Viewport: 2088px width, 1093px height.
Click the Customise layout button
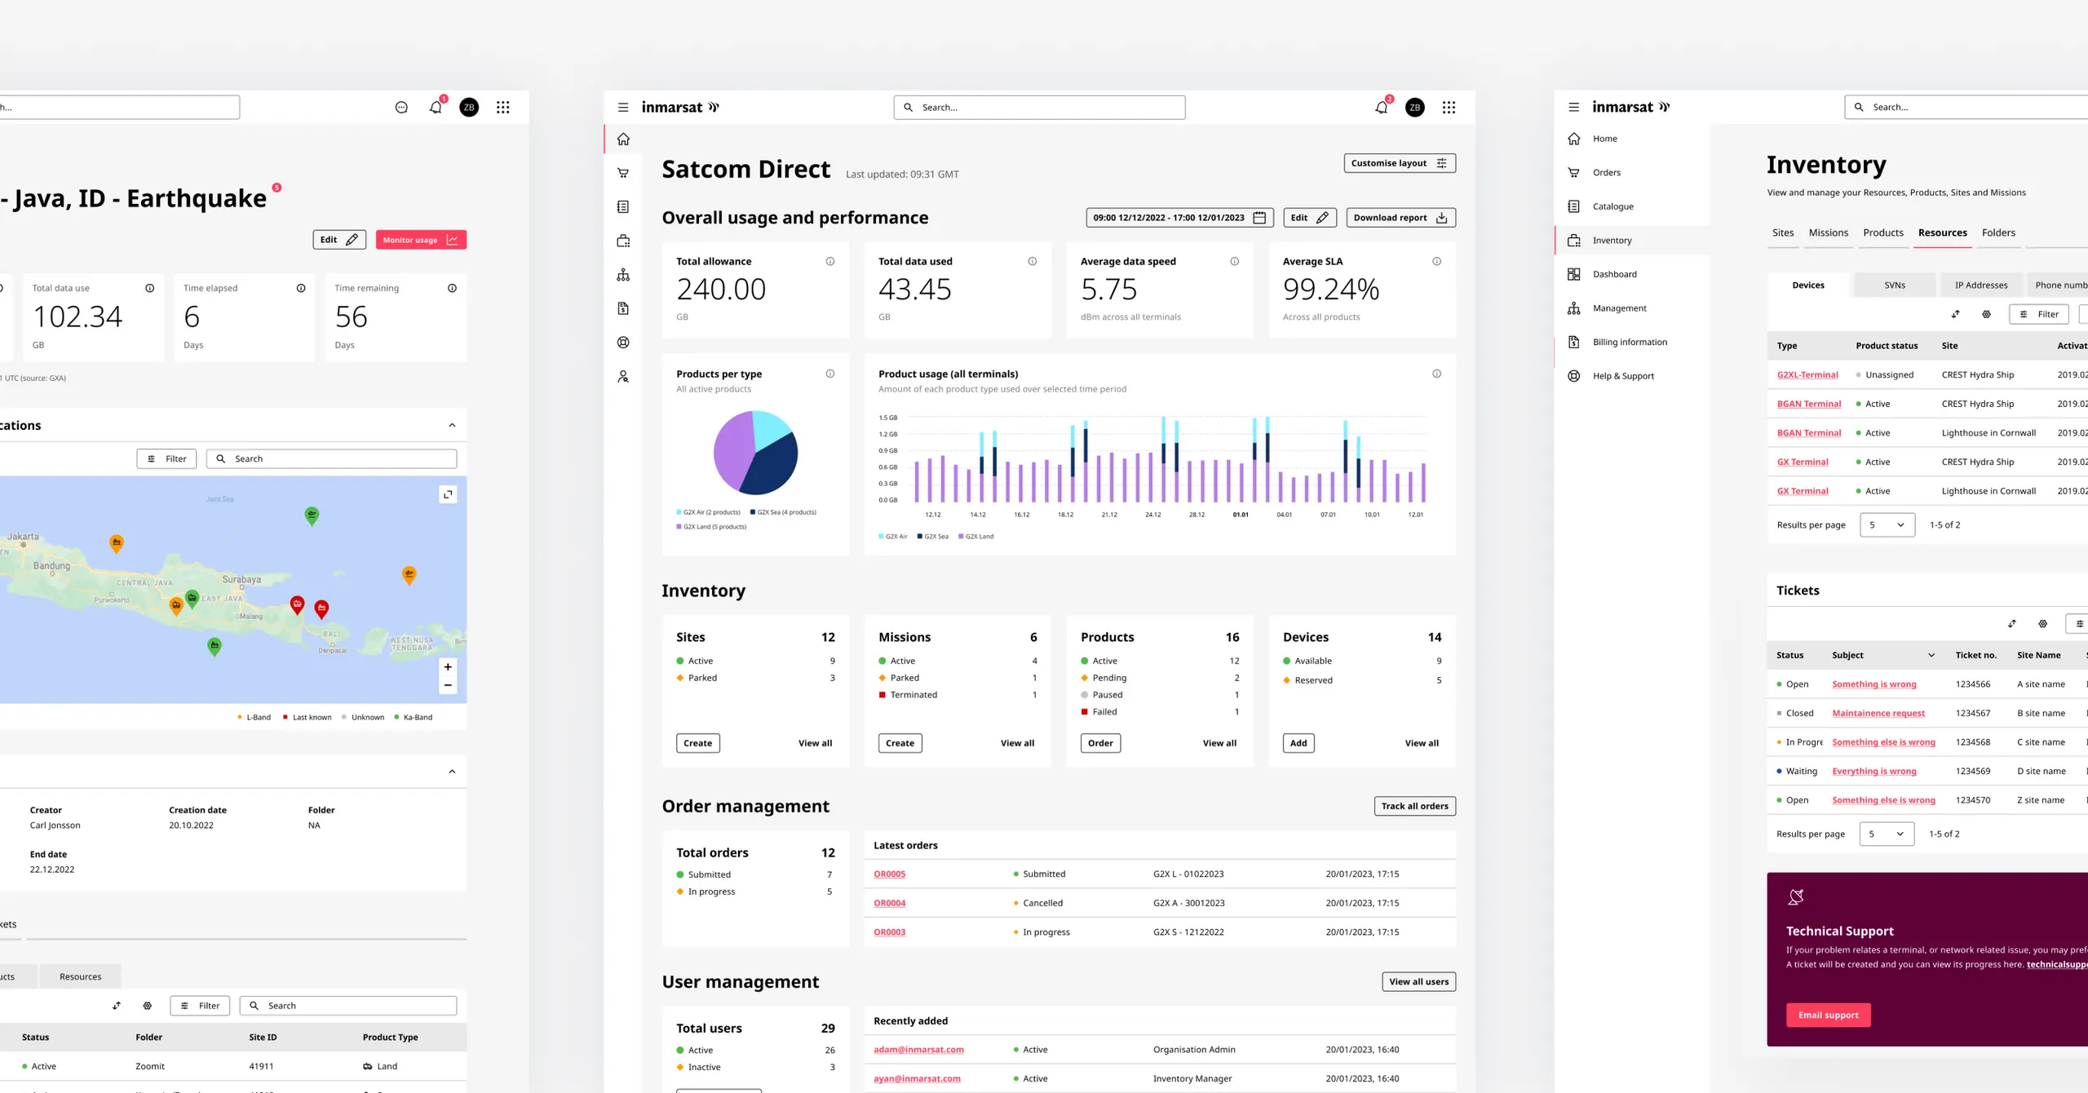click(x=1399, y=163)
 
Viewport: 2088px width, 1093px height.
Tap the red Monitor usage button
click(x=420, y=240)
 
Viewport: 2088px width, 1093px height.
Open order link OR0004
click(x=889, y=903)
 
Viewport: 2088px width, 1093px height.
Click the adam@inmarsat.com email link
click(x=918, y=1050)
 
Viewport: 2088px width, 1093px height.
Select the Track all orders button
click(x=1414, y=806)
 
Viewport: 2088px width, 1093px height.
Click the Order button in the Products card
click(x=1099, y=743)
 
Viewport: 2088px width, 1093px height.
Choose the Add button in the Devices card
click(x=1298, y=743)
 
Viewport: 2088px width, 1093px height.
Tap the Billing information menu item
click(x=1629, y=343)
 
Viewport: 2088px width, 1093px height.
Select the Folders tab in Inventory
click(x=1997, y=233)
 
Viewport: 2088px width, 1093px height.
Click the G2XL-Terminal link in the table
click(x=1807, y=375)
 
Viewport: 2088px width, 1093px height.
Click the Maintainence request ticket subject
click(x=1878, y=714)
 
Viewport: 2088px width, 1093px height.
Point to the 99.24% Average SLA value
click(x=1330, y=290)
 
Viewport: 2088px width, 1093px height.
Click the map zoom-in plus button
click(x=448, y=667)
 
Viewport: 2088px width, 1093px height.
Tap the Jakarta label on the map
click(x=23, y=537)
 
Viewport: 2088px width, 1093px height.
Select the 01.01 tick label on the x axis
click(x=1240, y=515)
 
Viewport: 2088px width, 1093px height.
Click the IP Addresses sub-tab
click(x=1980, y=285)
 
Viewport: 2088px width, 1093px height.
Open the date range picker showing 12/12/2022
click(x=1179, y=218)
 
